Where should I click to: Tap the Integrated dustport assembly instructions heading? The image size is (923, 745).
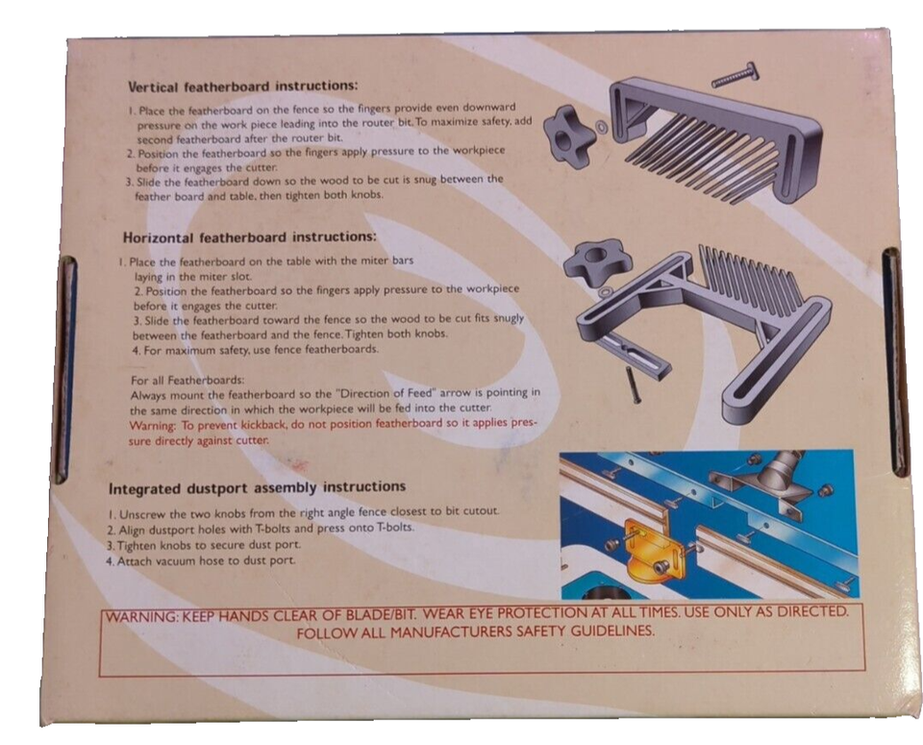[x=257, y=486]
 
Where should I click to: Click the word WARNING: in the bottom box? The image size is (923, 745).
[x=143, y=614]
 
